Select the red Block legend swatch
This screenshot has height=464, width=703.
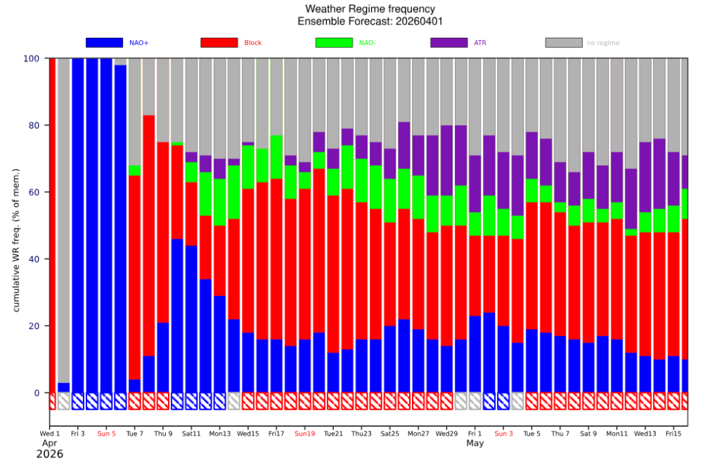(219, 43)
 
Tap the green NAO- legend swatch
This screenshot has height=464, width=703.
(334, 43)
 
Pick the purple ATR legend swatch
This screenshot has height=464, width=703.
(449, 43)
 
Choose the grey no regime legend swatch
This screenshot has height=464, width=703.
(564, 43)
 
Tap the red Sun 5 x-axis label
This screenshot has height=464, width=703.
(106, 434)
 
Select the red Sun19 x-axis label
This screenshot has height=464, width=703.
(305, 434)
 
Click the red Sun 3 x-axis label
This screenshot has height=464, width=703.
(503, 434)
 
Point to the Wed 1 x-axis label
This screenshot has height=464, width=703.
(49, 434)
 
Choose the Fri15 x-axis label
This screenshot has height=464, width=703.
(673, 434)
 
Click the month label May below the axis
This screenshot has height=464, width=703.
(475, 444)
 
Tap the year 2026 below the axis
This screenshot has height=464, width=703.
(49, 454)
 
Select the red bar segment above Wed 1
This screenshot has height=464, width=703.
(52, 225)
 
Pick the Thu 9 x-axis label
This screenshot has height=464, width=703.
(163, 434)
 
